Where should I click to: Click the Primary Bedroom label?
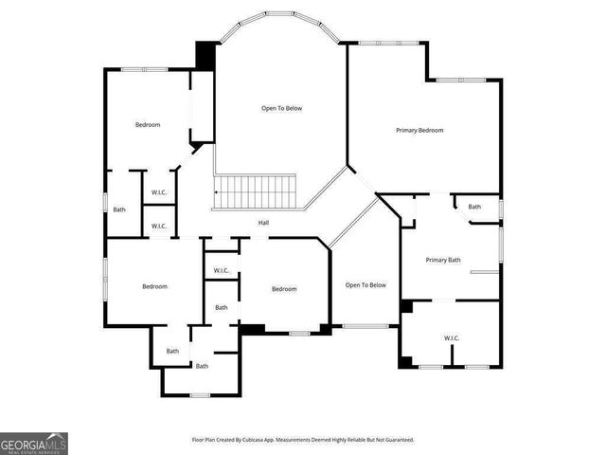click(x=419, y=130)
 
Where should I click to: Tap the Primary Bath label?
click(x=442, y=260)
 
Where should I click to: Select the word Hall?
click(x=264, y=223)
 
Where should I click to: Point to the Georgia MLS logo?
click(x=34, y=443)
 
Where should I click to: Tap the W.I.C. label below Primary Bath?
click(x=452, y=337)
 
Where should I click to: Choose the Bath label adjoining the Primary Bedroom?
click(x=474, y=207)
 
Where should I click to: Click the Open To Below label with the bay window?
click(x=282, y=108)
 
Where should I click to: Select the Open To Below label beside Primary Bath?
click(x=365, y=285)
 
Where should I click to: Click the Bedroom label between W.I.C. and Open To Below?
click(x=284, y=289)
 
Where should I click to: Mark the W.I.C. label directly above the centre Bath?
click(x=222, y=270)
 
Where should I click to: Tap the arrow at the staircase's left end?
click(x=217, y=192)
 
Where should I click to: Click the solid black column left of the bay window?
click(x=205, y=54)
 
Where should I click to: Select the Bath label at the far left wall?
click(x=119, y=209)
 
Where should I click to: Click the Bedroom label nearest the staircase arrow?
click(x=147, y=125)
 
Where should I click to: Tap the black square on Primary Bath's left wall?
click(x=406, y=306)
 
